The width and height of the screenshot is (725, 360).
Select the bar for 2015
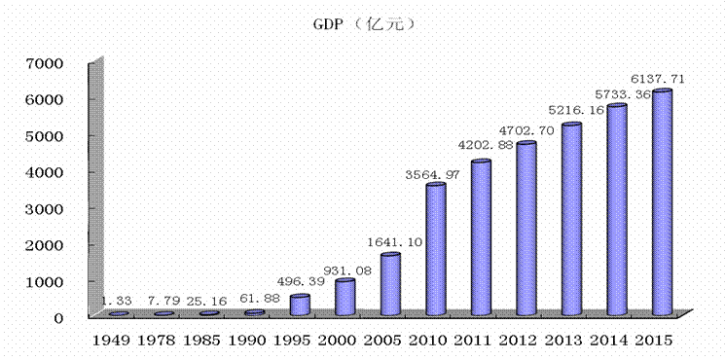click(662, 201)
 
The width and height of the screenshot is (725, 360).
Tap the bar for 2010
click(436, 249)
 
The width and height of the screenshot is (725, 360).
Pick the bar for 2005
click(390, 284)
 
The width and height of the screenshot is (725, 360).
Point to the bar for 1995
click(300, 305)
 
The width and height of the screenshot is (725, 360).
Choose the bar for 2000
click(344, 297)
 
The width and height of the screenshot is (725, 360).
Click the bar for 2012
click(526, 229)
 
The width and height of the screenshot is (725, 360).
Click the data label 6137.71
click(659, 79)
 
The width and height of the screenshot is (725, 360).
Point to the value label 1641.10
click(395, 241)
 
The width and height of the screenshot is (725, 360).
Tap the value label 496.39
click(300, 281)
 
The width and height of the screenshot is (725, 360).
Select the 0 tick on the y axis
click(58, 318)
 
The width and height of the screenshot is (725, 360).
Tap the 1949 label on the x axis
click(111, 342)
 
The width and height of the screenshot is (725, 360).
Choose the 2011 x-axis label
click(472, 342)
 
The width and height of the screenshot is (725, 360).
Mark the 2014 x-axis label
click(607, 342)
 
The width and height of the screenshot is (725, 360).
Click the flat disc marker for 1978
click(164, 314)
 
